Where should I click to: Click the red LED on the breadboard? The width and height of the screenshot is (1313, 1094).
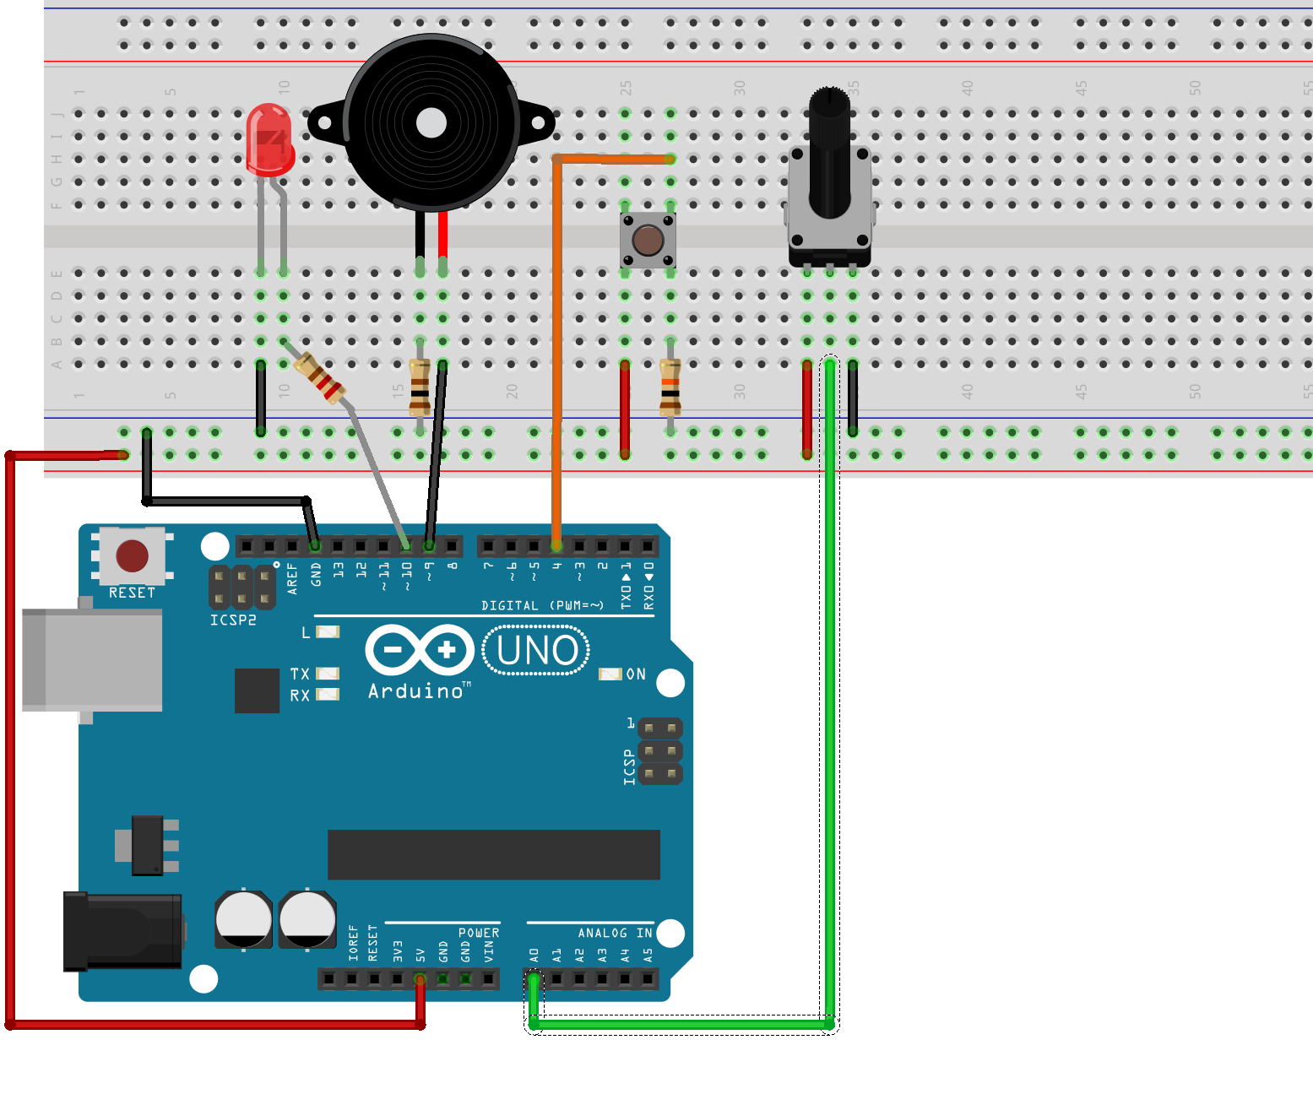269,140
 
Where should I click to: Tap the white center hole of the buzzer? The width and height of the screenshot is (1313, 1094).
431,123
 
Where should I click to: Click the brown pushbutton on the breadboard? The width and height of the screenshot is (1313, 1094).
648,241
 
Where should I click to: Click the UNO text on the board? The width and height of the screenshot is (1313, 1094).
537,651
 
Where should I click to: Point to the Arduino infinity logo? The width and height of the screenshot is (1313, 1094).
420,650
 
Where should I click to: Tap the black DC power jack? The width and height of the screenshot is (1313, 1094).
123,930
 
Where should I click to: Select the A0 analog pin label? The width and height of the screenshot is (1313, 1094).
534,955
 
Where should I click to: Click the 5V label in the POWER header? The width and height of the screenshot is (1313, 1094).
420,955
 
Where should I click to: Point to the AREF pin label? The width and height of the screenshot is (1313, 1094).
292,578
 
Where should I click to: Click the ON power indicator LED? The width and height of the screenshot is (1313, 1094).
610,674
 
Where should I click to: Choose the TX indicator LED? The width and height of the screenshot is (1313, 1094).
327,674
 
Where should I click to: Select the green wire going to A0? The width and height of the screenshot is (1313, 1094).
830,675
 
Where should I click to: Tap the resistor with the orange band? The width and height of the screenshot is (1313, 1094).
670,387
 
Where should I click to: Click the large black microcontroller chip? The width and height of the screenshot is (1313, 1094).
493,854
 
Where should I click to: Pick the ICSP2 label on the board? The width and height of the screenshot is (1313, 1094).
233,620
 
